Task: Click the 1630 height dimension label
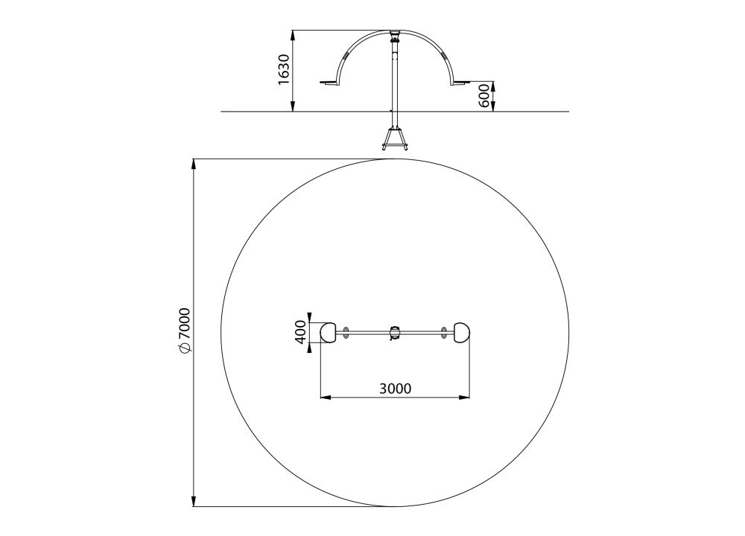click(284, 69)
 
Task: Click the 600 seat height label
click(484, 96)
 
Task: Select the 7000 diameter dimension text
click(184, 324)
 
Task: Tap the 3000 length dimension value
click(396, 389)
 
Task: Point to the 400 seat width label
click(300, 332)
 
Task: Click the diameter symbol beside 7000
click(184, 348)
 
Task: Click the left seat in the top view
click(328, 332)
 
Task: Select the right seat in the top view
click(463, 332)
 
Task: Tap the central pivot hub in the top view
click(395, 333)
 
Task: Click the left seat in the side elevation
click(329, 84)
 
